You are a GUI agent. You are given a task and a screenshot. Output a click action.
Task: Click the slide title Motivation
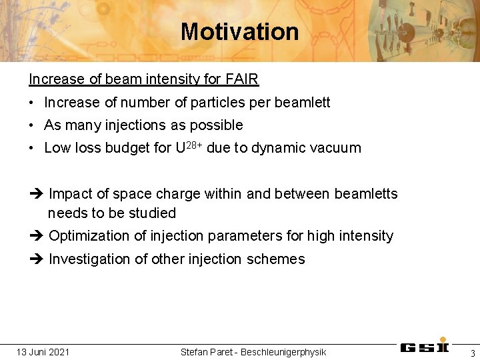pos(239,31)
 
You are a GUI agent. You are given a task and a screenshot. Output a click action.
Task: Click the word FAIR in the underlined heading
pos(242,79)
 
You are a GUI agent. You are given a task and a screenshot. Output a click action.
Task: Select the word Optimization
pos(89,236)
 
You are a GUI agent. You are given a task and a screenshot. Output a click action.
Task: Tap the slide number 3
pos(472,353)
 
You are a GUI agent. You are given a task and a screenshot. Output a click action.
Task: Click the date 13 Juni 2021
pos(43,352)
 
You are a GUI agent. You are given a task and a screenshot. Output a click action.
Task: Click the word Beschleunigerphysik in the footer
pos(283,352)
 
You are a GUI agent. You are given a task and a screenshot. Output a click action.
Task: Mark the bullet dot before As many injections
pos(32,125)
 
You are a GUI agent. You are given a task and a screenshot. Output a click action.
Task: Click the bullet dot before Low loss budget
pos(32,148)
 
